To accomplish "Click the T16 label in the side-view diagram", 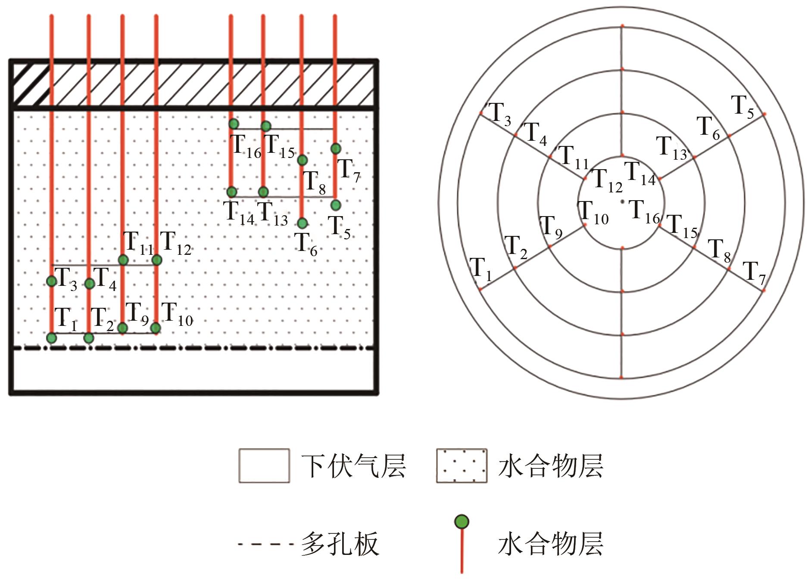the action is (x=247, y=146).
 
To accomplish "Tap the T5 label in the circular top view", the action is (x=742, y=107).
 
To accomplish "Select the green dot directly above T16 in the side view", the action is (x=234, y=124).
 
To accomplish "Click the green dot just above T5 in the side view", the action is (x=336, y=204).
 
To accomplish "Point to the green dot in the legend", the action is (x=462, y=521).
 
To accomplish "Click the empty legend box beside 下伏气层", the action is (x=264, y=465).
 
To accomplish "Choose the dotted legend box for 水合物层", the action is (x=462, y=465).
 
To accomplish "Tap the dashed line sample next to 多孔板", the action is (x=265, y=544).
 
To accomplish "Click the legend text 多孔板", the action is (x=340, y=544).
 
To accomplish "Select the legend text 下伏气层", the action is (x=353, y=465).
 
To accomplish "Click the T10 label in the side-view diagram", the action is (x=177, y=314).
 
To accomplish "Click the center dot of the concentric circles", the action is (x=622, y=201).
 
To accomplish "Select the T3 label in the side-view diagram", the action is (x=66, y=279).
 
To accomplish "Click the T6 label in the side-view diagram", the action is (x=306, y=245).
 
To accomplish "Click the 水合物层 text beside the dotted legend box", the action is (x=550, y=465).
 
